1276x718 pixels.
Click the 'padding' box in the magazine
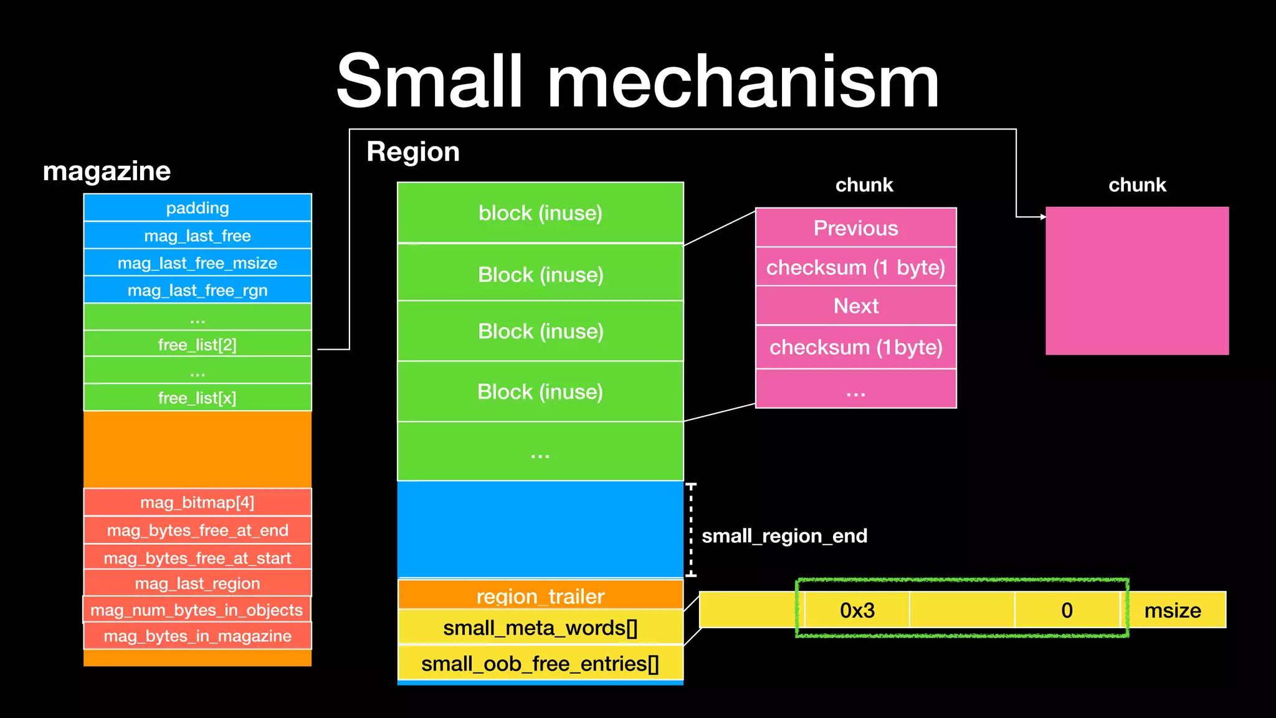pyautogui.click(x=198, y=208)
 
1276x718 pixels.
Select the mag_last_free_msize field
pyautogui.click(x=198, y=263)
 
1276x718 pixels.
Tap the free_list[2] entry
pyautogui.click(x=198, y=344)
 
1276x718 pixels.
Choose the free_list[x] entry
pyautogui.click(x=198, y=398)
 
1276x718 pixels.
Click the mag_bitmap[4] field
pyautogui.click(x=198, y=502)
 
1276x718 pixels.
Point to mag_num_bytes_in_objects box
pyautogui.click(x=197, y=610)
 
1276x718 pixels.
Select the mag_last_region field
pyautogui.click(x=198, y=583)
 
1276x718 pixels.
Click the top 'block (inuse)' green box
pyautogui.click(x=540, y=213)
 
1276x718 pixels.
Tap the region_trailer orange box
pyautogui.click(x=540, y=595)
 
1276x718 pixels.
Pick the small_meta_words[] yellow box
pyautogui.click(x=540, y=627)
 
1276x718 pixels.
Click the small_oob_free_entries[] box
pyautogui.click(x=540, y=663)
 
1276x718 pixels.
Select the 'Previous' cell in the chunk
pyautogui.click(x=855, y=228)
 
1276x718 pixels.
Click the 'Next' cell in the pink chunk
pyautogui.click(x=855, y=306)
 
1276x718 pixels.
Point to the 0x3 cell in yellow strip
pyautogui.click(x=857, y=610)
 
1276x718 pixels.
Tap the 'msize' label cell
pyautogui.click(x=1173, y=610)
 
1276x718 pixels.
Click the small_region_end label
pyautogui.click(x=784, y=536)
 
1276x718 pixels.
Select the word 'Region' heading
pyautogui.click(x=413, y=152)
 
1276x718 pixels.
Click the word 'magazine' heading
pyautogui.click(x=107, y=171)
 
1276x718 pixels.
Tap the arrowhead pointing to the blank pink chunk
pyautogui.click(x=1043, y=217)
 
